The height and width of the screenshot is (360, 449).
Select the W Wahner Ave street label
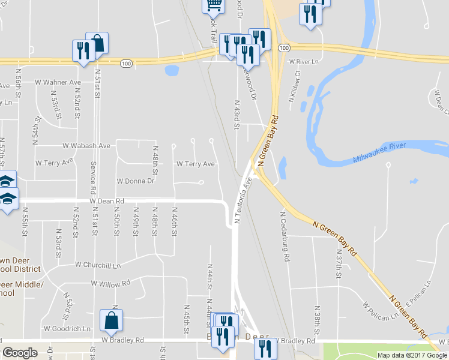(x=58, y=82)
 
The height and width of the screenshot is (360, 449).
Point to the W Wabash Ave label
(x=86, y=146)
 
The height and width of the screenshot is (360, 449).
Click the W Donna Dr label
(x=135, y=181)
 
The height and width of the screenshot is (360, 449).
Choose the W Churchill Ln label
(x=98, y=265)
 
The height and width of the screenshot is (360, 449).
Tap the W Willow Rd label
(x=110, y=283)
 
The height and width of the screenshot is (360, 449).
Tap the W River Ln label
(x=303, y=62)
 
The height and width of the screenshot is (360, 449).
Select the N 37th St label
(x=339, y=265)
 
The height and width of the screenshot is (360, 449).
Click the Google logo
(x=20, y=353)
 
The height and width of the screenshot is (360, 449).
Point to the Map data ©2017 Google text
(x=411, y=355)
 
